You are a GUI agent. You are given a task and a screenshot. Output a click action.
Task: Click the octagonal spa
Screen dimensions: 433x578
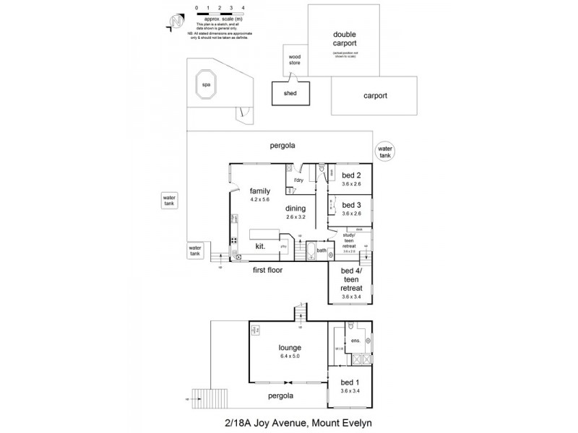pos(206,84)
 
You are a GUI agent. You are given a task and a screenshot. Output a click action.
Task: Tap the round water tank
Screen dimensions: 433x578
pos(384,152)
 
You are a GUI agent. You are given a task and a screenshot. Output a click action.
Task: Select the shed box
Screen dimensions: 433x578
pos(290,93)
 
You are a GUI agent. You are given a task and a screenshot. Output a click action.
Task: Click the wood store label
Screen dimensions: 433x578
pos(295,59)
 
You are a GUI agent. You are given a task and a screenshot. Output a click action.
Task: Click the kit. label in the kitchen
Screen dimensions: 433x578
pos(260,246)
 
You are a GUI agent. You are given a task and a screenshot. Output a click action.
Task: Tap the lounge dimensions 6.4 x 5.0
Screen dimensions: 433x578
pos(288,357)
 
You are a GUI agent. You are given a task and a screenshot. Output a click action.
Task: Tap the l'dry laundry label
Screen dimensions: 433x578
pos(298,180)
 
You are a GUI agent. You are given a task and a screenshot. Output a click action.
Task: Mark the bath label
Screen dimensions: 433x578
pos(321,250)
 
